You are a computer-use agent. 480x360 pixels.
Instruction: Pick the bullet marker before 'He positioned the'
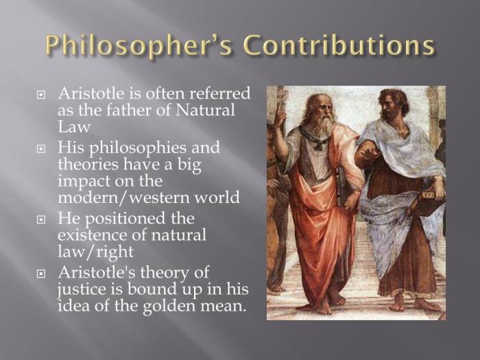(x=40, y=219)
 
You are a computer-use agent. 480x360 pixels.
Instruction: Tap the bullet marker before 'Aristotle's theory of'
(x=40, y=274)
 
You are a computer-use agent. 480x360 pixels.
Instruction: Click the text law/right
(x=95, y=253)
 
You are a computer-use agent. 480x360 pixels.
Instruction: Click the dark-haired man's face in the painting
(x=394, y=106)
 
